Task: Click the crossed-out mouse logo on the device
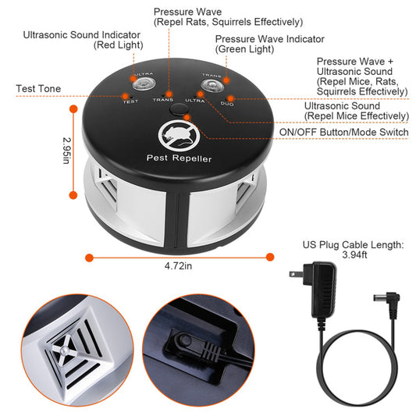tap(175, 136)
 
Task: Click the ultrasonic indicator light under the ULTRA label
tap(146, 83)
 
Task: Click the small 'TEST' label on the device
tap(130, 100)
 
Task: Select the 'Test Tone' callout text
tap(38, 89)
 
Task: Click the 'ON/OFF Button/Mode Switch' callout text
tap(343, 132)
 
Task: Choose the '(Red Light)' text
tap(118, 45)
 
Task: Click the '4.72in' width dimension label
tap(180, 265)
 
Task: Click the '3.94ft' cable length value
tap(353, 255)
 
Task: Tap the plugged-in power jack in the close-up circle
tap(186, 343)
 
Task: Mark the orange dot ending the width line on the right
tap(271, 256)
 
